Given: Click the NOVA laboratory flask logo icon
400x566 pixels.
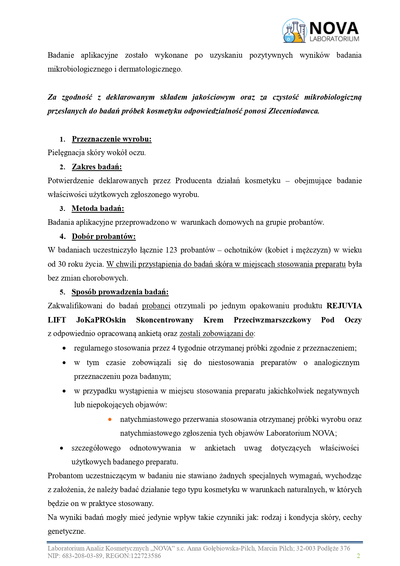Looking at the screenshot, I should [x=294, y=31].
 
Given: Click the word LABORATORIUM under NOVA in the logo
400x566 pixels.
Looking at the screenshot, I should [x=334, y=39].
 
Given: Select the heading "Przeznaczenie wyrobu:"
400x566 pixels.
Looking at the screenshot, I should [x=112, y=139].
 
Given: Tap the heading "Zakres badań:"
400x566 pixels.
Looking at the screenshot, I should [x=97, y=167].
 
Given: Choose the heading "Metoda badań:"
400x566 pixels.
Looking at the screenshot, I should [x=98, y=208].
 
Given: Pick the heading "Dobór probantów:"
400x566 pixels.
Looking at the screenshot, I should [x=103, y=236].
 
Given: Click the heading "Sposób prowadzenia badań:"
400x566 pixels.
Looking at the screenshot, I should [x=120, y=292].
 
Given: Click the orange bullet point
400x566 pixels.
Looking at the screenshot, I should [x=110, y=419].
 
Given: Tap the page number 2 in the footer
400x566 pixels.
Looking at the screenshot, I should [x=358, y=556].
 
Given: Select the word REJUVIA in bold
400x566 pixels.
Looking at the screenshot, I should [x=344, y=306].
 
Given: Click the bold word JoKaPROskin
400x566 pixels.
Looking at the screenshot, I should [x=101, y=320].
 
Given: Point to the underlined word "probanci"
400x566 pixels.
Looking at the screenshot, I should [x=156, y=306].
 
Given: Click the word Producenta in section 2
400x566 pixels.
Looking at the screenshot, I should [x=193, y=181].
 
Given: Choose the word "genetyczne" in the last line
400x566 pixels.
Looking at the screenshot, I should [x=66, y=531].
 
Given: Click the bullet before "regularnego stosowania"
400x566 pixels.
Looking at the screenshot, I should [x=64, y=348].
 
